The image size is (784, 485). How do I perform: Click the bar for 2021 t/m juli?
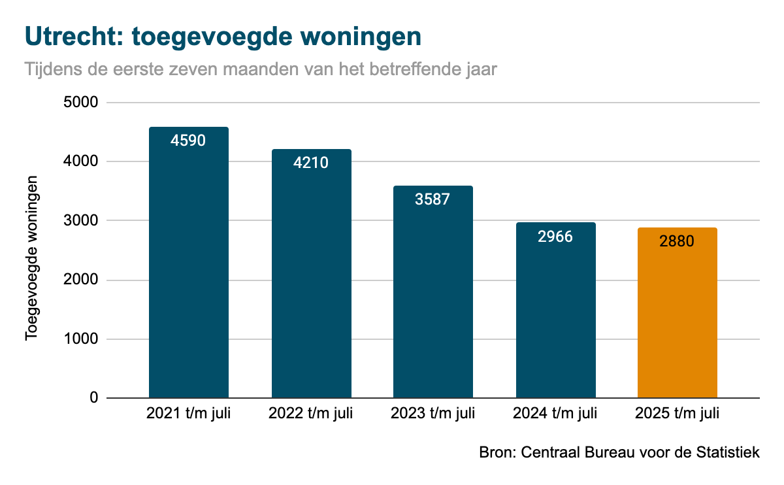(189, 275)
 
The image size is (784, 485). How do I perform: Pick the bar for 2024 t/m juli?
(555, 320)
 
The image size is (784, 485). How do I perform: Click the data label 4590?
(188, 140)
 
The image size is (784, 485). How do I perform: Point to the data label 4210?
(311, 163)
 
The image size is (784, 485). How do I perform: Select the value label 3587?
(433, 199)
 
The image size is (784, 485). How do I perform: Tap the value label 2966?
(555, 236)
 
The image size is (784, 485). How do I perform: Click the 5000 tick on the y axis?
(81, 103)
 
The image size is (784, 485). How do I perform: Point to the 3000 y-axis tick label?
(81, 221)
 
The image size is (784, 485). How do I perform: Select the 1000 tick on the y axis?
(81, 339)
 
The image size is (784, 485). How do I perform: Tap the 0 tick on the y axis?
(93, 398)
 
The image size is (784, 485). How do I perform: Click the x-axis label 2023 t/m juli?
(433, 414)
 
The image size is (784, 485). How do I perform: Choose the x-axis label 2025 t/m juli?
(677, 414)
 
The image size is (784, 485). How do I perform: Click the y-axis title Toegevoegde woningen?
(31, 257)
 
